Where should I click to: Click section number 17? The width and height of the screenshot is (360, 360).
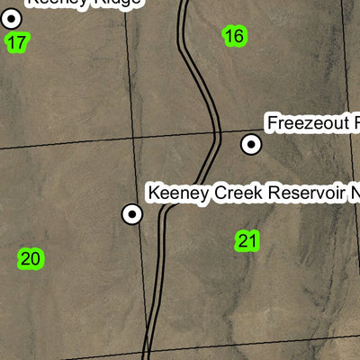click(16, 41)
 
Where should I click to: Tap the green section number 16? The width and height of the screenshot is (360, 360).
click(234, 36)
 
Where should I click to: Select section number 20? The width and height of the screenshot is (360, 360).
click(30, 259)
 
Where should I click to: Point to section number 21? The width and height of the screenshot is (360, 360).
click(248, 240)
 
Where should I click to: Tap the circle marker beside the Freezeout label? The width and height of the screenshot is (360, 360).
click(251, 143)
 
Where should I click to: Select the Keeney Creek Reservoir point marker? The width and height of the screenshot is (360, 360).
click(132, 213)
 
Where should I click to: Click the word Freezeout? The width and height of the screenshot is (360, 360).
click(304, 121)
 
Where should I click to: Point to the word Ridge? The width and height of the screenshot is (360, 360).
click(116, 3)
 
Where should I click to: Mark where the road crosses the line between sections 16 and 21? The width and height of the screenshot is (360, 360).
click(217, 135)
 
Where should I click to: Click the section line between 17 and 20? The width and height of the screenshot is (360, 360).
click(63, 144)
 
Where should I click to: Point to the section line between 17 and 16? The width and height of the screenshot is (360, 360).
click(128, 63)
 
